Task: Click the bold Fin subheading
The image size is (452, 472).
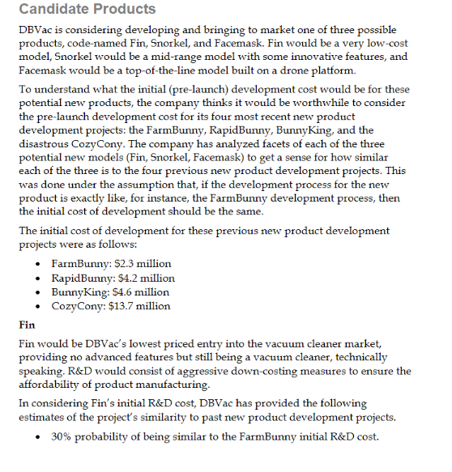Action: point(27,326)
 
